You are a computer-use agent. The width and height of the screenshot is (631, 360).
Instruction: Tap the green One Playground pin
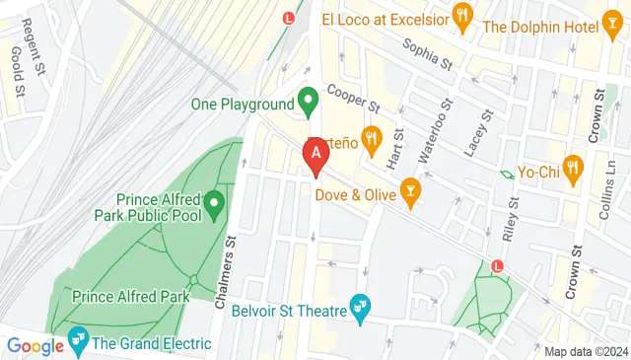point(308,101)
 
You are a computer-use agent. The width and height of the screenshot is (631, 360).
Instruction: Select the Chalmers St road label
point(226,271)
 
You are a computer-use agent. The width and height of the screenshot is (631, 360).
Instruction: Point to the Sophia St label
point(426,55)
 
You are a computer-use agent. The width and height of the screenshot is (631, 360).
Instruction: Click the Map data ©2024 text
point(586,351)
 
